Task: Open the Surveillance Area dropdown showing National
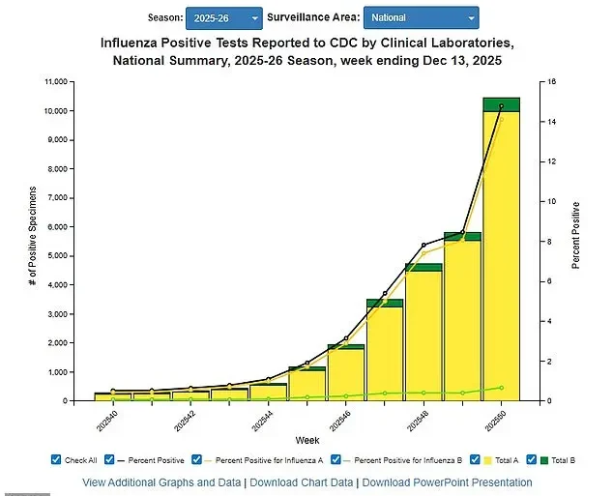(421, 17)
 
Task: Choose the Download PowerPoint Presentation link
(447, 482)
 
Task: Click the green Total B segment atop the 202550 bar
(501, 104)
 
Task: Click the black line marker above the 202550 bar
(501, 106)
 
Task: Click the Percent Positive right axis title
(576, 235)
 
